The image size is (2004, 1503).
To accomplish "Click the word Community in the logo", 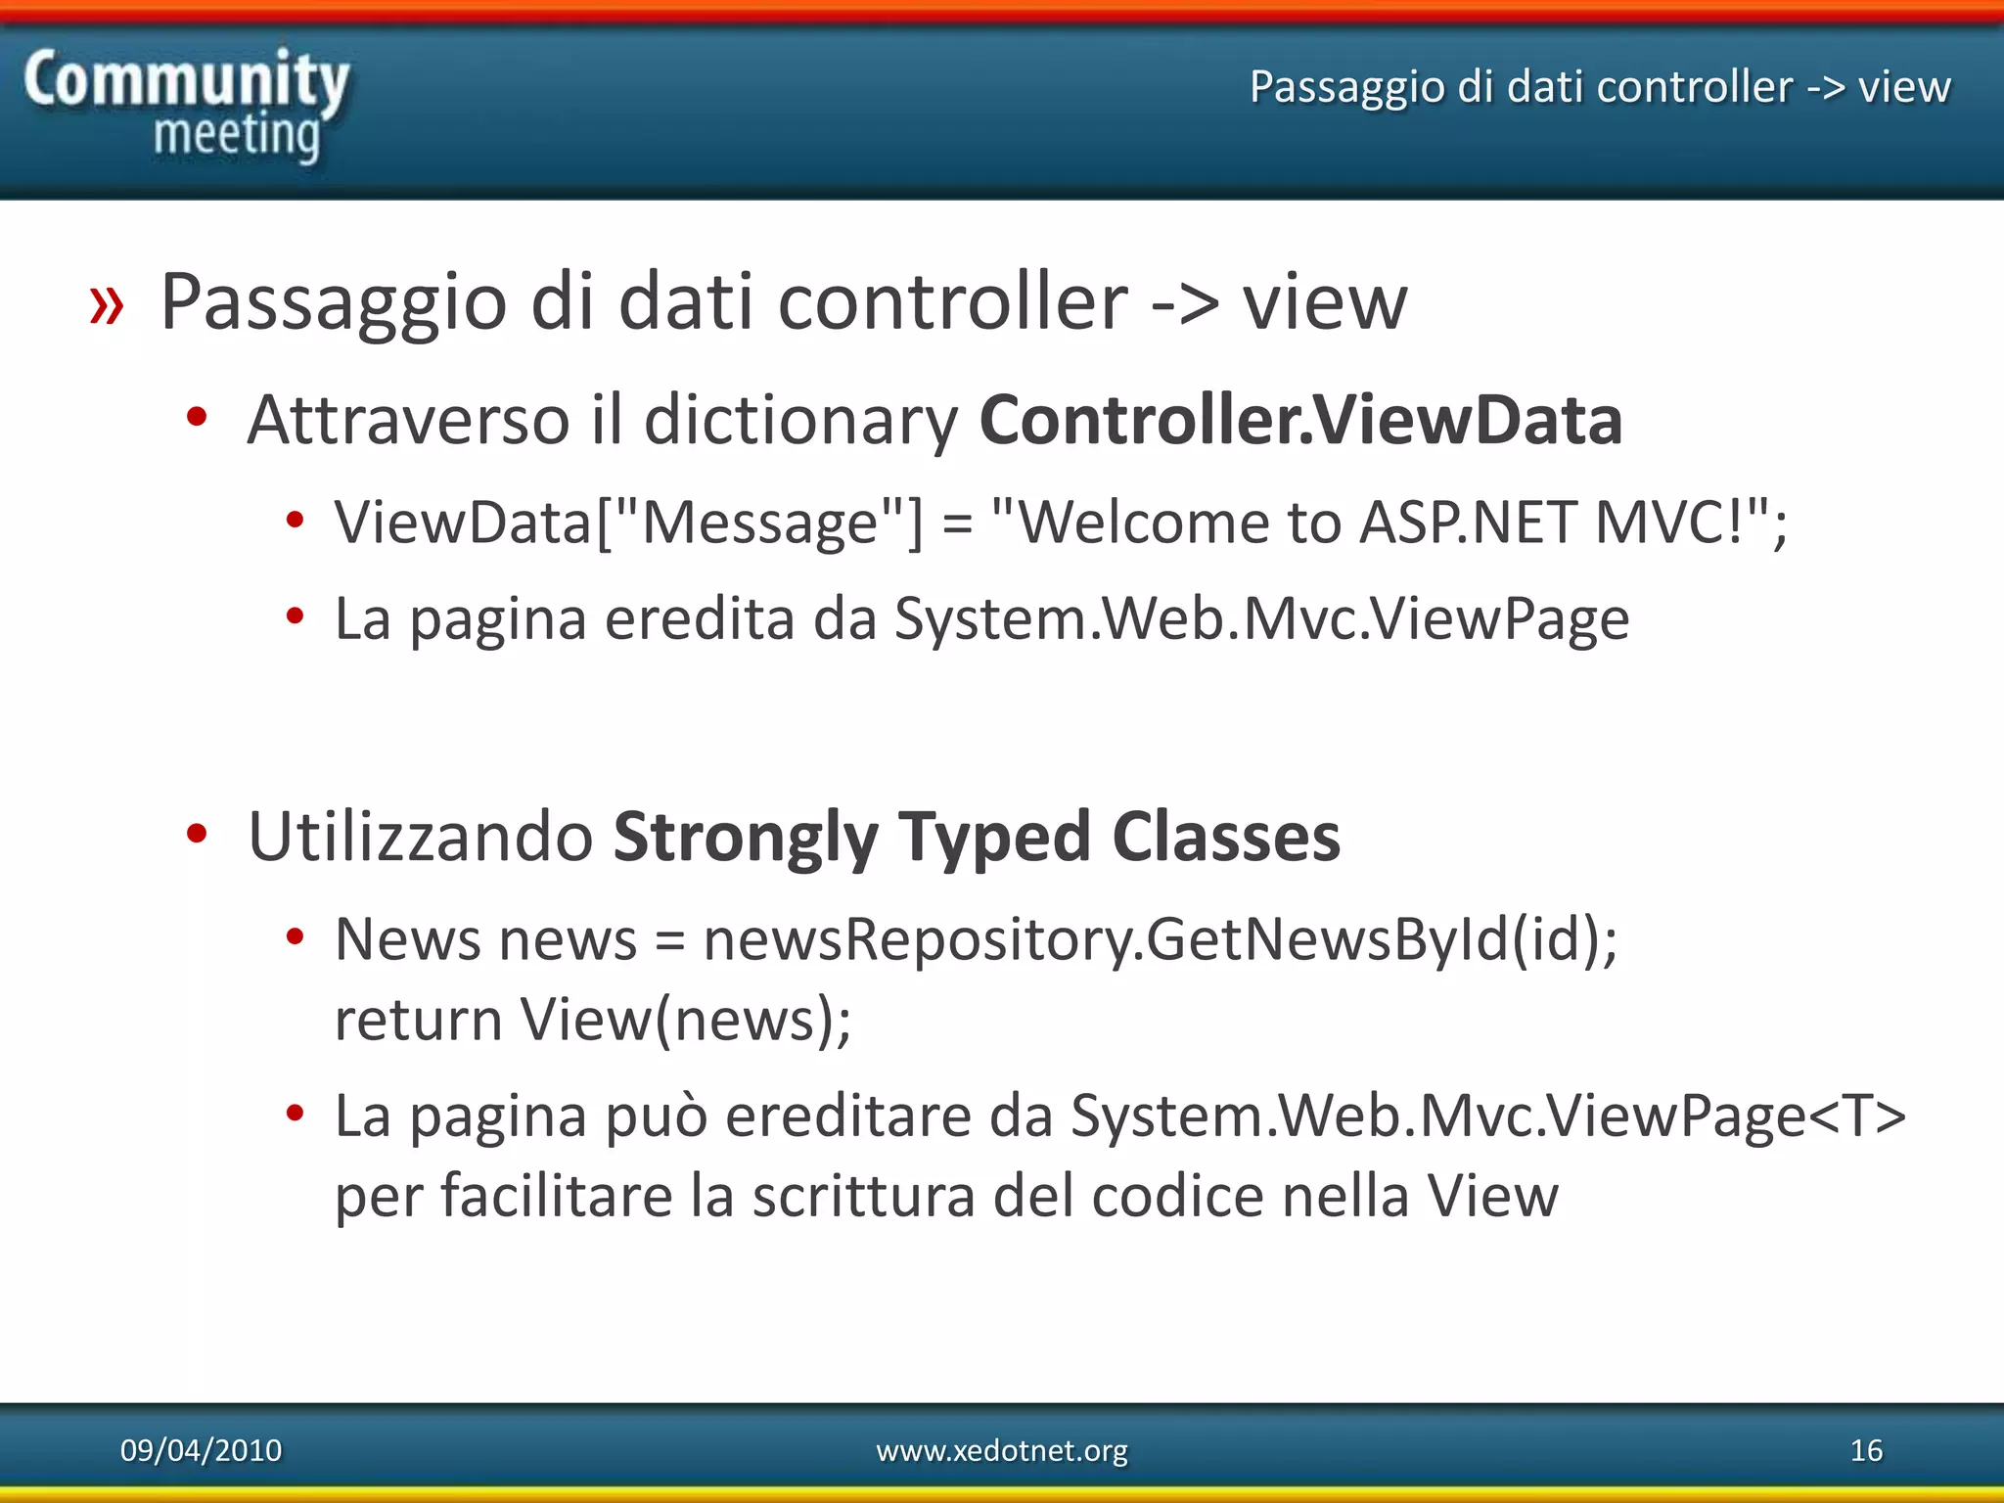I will click(186, 80).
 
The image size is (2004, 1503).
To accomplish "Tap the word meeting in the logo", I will click(237, 135).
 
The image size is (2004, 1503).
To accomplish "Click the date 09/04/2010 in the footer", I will click(201, 1450).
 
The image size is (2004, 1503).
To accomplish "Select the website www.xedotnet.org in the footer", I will click(1002, 1450).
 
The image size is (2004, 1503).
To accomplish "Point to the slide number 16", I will click(1866, 1450).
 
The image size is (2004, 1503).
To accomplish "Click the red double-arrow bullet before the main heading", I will click(107, 304).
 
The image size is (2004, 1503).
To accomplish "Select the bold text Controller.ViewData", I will click(1300, 421).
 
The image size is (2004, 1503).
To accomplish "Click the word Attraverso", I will click(408, 421).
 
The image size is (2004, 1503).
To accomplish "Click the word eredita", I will click(700, 619).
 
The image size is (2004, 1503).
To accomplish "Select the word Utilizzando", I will click(421, 838).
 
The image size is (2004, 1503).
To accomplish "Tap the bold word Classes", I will click(1226, 838).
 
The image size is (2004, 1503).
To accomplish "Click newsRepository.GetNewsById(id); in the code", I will click(1161, 940).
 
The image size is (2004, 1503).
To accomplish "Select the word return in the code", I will click(419, 1021).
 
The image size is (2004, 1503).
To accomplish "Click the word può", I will click(656, 1117).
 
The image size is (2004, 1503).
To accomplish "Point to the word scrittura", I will click(863, 1197).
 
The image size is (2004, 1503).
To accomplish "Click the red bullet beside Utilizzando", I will click(197, 834).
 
